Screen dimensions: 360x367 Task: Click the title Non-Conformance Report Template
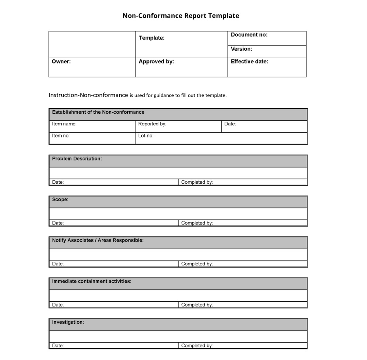point(181,16)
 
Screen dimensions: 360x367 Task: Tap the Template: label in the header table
point(152,38)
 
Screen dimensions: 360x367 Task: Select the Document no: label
point(249,35)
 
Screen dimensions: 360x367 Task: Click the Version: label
point(241,49)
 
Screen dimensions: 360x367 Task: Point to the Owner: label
point(61,62)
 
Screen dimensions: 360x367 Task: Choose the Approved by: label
point(156,62)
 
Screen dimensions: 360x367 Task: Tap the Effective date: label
point(250,62)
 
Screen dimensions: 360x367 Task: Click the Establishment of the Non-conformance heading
point(98,112)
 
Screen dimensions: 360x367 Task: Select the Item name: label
point(64,124)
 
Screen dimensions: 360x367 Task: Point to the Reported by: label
point(152,124)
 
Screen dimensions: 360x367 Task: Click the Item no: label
point(61,136)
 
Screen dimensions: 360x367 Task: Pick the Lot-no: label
point(146,136)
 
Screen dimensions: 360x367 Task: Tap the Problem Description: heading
point(77,159)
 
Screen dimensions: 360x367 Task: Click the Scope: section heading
point(60,200)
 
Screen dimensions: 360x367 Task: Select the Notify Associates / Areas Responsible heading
point(98,240)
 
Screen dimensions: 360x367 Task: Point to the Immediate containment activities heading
point(92,282)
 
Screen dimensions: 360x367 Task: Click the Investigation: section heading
point(68,322)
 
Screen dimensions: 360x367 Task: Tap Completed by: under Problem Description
point(197,182)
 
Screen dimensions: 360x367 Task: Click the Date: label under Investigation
point(58,346)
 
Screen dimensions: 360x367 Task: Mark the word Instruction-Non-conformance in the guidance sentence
point(88,95)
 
